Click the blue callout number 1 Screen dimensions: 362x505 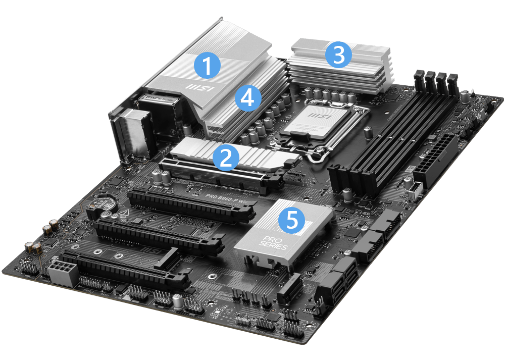pos(207,65)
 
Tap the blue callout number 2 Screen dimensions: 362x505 pos(225,157)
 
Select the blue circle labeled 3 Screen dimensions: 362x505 pos(338,55)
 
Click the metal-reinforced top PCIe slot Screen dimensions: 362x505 pos(217,174)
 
